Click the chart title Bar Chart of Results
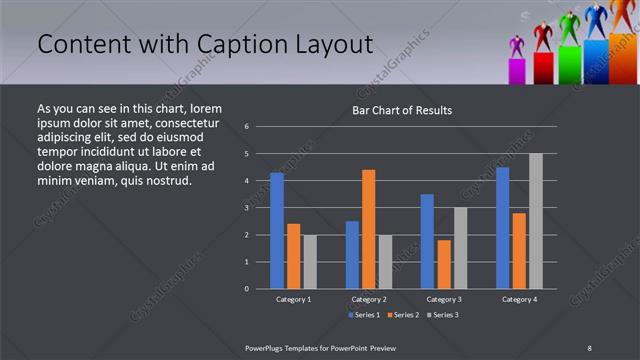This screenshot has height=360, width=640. click(401, 110)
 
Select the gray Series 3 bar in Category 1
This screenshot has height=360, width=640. click(309, 261)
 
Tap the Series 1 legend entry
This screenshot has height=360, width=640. click(361, 315)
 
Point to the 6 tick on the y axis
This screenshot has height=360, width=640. click(247, 127)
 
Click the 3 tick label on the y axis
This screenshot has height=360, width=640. click(247, 208)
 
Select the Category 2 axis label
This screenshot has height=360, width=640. click(368, 299)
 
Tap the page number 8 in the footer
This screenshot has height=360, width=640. click(590, 347)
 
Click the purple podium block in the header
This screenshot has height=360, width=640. click(517, 70)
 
